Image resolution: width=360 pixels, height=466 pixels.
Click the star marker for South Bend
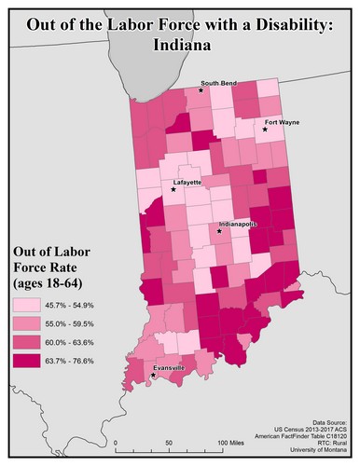point(201,90)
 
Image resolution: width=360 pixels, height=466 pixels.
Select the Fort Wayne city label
point(282,121)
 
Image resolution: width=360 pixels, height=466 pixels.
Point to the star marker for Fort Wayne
point(265,130)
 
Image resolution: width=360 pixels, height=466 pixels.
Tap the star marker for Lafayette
point(173,189)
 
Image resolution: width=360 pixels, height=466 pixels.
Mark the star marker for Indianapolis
point(220,231)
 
